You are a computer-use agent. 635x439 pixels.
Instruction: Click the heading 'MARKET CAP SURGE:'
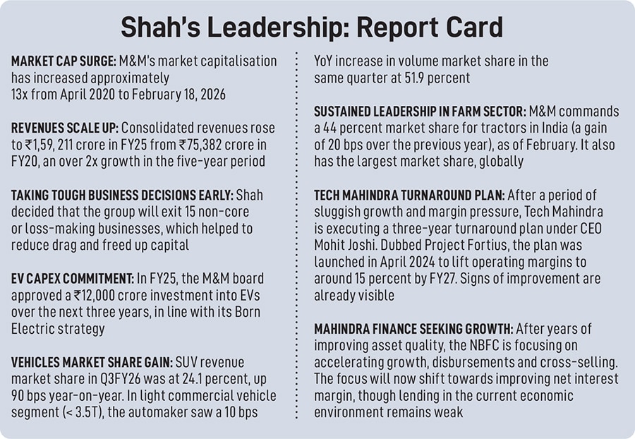click(x=61, y=62)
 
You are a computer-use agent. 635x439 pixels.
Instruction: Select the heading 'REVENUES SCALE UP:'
click(x=64, y=128)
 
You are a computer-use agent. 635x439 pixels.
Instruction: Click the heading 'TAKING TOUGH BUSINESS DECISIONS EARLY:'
click(x=125, y=194)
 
